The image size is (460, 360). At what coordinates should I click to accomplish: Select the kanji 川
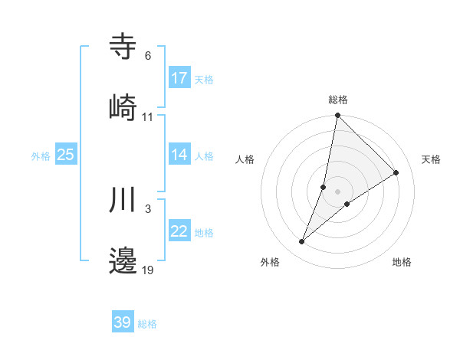pos(123,200)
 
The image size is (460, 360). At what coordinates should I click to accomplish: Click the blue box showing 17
pos(179,78)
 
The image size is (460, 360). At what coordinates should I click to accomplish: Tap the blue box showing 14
pos(179,155)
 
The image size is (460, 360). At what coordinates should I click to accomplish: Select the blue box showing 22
pos(179,232)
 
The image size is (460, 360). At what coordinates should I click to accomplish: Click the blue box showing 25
pos(65,155)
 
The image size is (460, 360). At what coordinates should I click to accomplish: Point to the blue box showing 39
pos(123,323)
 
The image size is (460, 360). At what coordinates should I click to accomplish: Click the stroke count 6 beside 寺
pos(148,56)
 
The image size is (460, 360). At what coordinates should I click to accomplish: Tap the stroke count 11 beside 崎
pos(148,116)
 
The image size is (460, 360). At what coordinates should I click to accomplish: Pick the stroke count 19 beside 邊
pos(148,270)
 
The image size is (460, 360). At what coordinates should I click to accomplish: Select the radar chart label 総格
pos(338,100)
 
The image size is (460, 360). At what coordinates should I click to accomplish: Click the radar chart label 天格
pos(431,159)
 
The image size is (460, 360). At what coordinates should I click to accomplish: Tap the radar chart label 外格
pos(270,263)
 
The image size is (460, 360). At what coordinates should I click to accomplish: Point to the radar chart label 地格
pos(402,263)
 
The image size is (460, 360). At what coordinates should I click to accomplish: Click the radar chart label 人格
pos(245,159)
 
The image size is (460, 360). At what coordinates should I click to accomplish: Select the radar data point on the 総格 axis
pos(338,116)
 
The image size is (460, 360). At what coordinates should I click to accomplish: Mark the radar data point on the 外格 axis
pos(302,242)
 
